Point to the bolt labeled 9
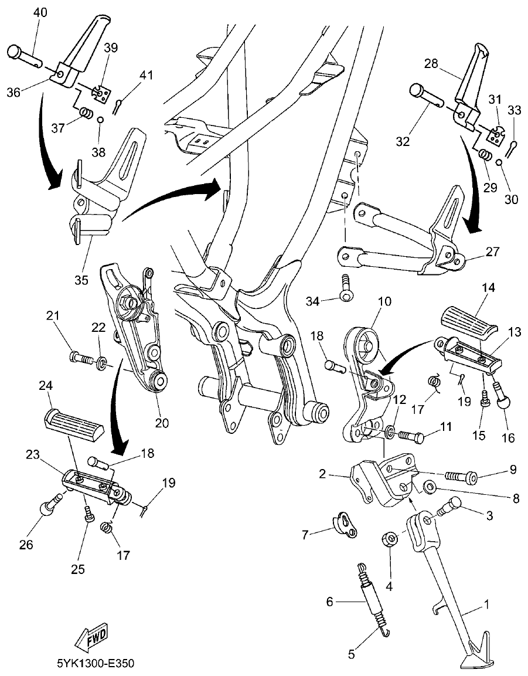point(460,472)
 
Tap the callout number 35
point(81,280)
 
